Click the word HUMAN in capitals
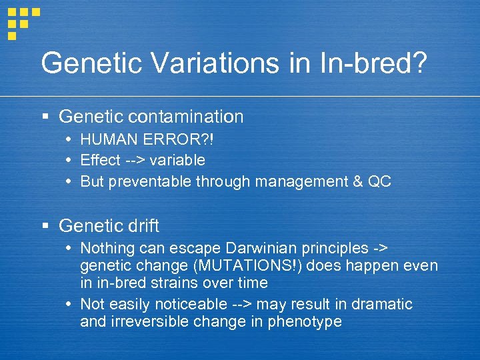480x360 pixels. pos(106,141)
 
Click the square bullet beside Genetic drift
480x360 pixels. pos(45,227)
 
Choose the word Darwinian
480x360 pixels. pos(265,249)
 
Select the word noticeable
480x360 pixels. pos(188,304)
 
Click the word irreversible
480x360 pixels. pos(154,321)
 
